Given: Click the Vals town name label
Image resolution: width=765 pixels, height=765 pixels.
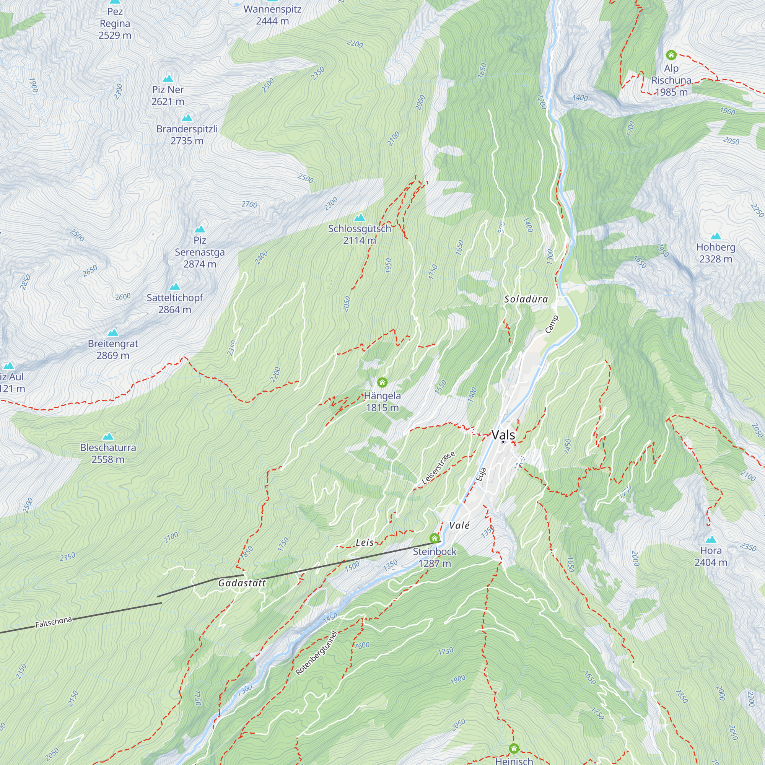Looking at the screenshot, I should pyautogui.click(x=503, y=435).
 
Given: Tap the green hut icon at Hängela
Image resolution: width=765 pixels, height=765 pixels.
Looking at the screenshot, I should pyautogui.click(x=382, y=382).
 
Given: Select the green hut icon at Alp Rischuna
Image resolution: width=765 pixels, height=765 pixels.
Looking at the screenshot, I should pyautogui.click(x=671, y=55).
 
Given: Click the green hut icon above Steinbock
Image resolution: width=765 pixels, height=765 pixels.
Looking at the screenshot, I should pyautogui.click(x=435, y=538).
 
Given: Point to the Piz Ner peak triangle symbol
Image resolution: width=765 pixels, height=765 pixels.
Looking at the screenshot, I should pyautogui.click(x=168, y=78).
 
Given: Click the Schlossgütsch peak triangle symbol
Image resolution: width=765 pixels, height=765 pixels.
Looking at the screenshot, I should pyautogui.click(x=360, y=217).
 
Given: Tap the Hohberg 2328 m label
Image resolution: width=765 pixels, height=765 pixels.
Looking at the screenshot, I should pyautogui.click(x=716, y=252).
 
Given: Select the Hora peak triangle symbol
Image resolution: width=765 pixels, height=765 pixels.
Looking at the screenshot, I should pyautogui.click(x=711, y=539).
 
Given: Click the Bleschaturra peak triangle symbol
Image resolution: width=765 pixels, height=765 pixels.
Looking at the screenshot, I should pyautogui.click(x=108, y=436).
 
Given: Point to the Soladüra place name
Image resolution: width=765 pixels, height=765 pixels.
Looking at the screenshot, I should pyautogui.click(x=526, y=299).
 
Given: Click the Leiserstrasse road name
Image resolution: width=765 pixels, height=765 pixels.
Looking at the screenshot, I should pyautogui.click(x=438, y=468).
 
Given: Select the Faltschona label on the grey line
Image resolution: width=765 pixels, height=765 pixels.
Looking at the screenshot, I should pyautogui.click(x=54, y=622).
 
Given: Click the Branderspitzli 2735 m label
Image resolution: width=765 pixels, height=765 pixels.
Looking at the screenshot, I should pyautogui.click(x=187, y=135).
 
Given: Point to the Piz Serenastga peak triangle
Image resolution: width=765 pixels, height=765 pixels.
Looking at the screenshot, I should pyautogui.click(x=200, y=229).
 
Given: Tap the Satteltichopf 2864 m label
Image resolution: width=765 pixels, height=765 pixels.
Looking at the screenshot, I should pyautogui.click(x=175, y=303).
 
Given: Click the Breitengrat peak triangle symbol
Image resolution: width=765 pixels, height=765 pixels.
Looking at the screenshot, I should pyautogui.click(x=113, y=332).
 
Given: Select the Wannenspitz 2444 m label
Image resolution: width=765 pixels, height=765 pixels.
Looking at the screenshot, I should pyautogui.click(x=272, y=15).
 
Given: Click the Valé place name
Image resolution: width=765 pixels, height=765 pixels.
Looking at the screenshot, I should pyautogui.click(x=459, y=526).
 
